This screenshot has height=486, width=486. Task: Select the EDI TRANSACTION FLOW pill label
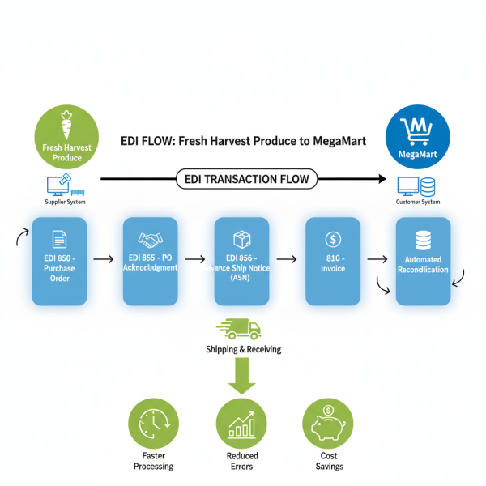pyautogui.click(x=246, y=179)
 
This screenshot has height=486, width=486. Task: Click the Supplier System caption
pyautogui.click(x=65, y=202)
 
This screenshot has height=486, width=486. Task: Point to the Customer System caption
pyautogui.click(x=418, y=202)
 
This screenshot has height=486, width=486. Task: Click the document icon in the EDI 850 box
pyautogui.click(x=58, y=239)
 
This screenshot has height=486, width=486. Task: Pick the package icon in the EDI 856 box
pyautogui.click(x=241, y=239)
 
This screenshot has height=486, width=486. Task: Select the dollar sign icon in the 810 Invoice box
pyautogui.click(x=332, y=239)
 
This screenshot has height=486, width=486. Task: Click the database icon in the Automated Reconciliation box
pyautogui.click(x=422, y=241)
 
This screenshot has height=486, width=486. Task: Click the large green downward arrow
pyautogui.click(x=241, y=377)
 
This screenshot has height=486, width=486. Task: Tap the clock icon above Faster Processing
pyautogui.click(x=153, y=424)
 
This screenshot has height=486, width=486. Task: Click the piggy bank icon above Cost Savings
pyautogui.click(x=329, y=424)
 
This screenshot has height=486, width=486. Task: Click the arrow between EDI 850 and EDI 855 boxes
pyautogui.click(x=104, y=259)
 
